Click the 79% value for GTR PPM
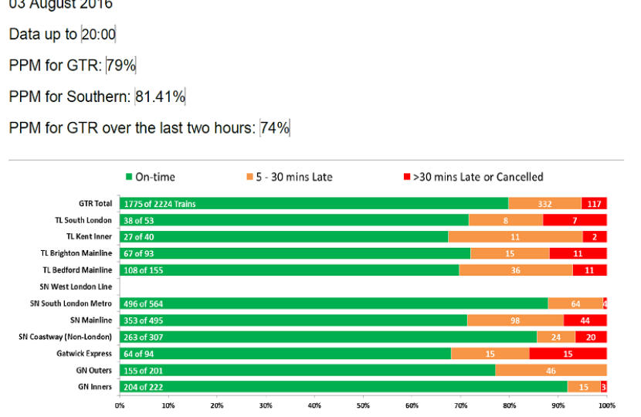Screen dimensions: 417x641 pyautogui.click(x=121, y=66)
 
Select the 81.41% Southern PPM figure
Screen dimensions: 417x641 pyautogui.click(x=161, y=97)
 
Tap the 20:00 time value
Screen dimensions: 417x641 pyautogui.click(x=98, y=35)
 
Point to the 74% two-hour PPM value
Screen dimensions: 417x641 pyautogui.click(x=275, y=127)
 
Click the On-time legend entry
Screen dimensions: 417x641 pyautogui.click(x=151, y=177)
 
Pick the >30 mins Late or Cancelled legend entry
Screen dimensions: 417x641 pyautogui.click(x=473, y=177)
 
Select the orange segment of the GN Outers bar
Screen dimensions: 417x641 pyautogui.click(x=551, y=371)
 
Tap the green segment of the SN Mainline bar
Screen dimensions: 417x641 pyautogui.click(x=293, y=320)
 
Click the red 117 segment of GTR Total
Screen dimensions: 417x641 pyautogui.click(x=594, y=203)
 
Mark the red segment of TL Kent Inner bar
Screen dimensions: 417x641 pyautogui.click(x=595, y=236)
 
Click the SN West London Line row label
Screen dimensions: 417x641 pyautogui.click(x=76, y=287)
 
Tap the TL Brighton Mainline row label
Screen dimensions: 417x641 pyautogui.click(x=76, y=253)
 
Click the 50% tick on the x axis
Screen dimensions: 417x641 pyautogui.click(x=363, y=405)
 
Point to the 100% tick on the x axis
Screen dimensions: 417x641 pyautogui.click(x=606, y=405)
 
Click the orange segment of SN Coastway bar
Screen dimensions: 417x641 pyautogui.click(x=556, y=337)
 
